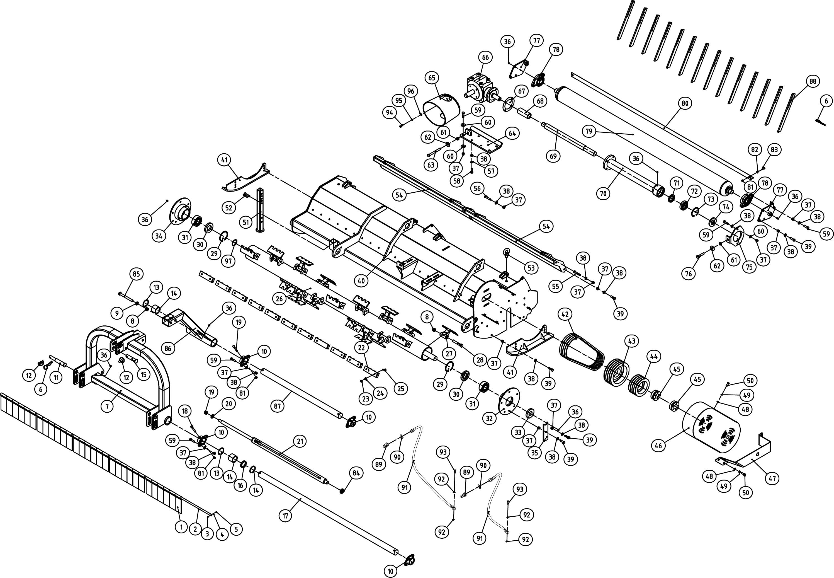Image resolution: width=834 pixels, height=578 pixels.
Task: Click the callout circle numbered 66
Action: click(x=485, y=57)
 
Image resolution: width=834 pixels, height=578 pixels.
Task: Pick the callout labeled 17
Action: click(x=286, y=516)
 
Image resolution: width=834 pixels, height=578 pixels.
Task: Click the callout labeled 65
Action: click(x=432, y=78)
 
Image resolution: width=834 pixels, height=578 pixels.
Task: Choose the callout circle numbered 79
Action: click(x=589, y=131)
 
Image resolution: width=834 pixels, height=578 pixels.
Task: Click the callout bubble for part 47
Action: click(x=772, y=478)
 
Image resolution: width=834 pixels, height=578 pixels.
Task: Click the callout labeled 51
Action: click(x=246, y=222)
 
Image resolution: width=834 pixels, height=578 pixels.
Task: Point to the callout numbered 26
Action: click(x=279, y=299)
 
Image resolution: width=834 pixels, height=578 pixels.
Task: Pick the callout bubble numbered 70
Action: click(x=603, y=194)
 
